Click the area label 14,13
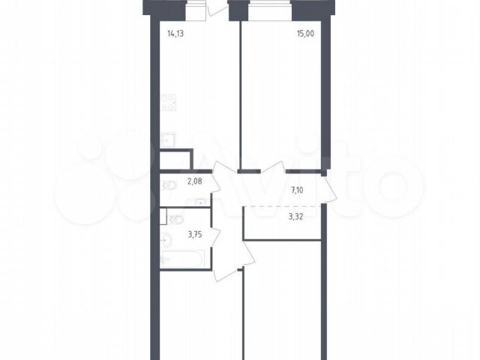[175, 33]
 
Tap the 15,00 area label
[305, 33]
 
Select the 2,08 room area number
[195, 181]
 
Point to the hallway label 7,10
[297, 190]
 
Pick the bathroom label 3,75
[195, 235]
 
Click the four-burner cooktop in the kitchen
[168, 103]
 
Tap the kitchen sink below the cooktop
[167, 140]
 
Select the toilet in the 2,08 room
[169, 185]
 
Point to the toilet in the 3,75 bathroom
[175, 219]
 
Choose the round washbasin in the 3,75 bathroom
[166, 240]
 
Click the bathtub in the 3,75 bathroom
[182, 259]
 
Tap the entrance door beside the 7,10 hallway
[330, 190]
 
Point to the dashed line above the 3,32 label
[282, 206]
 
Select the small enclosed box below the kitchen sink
[175, 160]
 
